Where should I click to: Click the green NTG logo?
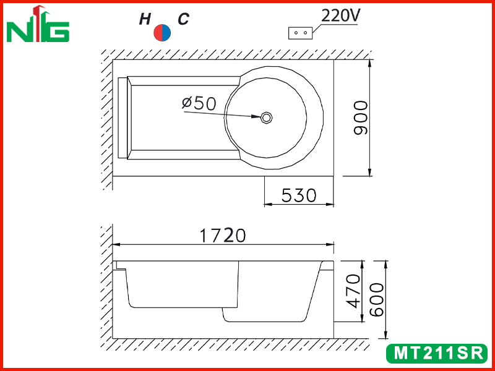[38, 24]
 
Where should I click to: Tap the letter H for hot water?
[145, 20]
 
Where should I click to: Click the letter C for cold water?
[183, 19]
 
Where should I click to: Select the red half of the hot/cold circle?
[158, 33]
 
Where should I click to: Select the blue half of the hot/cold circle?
[166, 33]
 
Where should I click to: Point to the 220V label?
[340, 16]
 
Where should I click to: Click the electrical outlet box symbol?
[300, 33]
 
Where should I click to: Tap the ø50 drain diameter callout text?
[199, 103]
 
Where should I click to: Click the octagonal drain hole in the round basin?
[267, 117]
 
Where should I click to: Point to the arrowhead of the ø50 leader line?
[256, 116]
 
